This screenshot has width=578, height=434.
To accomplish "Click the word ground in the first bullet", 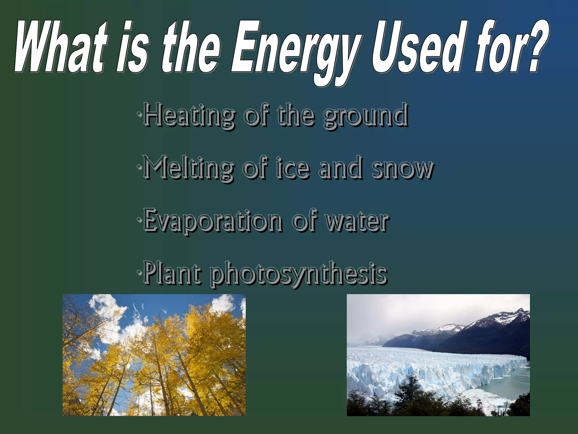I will pos(365,116).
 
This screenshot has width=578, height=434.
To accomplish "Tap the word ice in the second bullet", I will pos(292,168).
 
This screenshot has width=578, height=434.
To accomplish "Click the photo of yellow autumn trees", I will pos(154,355).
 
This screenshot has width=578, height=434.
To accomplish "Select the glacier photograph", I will pos(438,355).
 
